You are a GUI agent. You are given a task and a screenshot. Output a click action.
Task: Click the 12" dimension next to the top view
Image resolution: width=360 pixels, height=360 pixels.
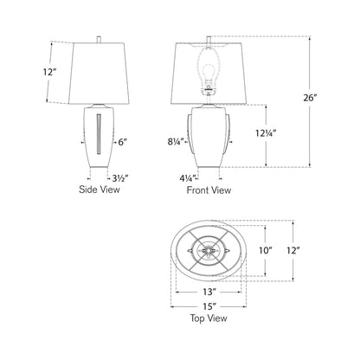(296, 251)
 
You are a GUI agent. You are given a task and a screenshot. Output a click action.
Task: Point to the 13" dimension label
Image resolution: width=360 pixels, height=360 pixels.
(207, 292)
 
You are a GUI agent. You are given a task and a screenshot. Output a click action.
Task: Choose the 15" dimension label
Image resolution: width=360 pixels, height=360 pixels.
(207, 305)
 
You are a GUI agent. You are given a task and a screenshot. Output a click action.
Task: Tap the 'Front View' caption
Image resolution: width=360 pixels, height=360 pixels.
(209, 189)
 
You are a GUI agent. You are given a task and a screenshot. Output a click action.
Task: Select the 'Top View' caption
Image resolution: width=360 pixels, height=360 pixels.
(207, 318)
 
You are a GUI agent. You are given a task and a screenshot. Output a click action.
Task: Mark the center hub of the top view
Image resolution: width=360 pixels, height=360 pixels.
(208, 251)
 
